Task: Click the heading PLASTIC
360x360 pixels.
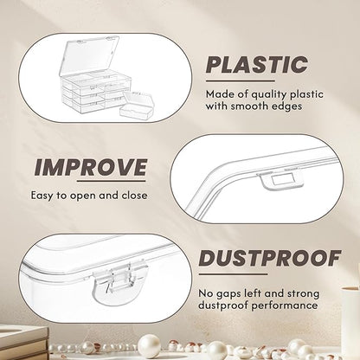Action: click(257, 64)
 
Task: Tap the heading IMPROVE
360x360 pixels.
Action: click(90, 167)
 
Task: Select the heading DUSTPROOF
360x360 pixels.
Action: click(270, 258)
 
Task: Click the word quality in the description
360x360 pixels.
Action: click(269, 94)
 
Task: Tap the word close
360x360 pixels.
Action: click(134, 196)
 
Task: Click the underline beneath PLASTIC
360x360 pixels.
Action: click(241, 81)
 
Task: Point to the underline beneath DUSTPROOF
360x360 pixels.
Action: click(233, 274)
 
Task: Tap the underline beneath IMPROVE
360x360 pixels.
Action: click(112, 181)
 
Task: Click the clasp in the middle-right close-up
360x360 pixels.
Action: click(280, 181)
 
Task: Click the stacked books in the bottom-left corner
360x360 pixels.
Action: click(23, 343)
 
